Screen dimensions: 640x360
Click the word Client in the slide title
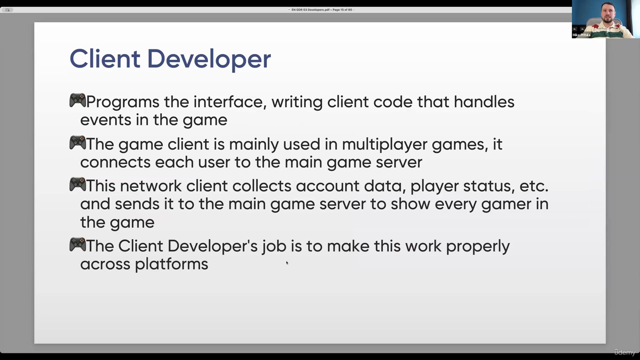[105, 59]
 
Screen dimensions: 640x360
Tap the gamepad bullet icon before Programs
[77, 100]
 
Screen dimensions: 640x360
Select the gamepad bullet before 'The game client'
[77, 143]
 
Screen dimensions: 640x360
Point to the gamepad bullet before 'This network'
[77, 184]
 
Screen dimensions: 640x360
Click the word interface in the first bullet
[230, 102]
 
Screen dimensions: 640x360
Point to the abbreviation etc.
[534, 186]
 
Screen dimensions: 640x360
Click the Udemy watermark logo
[625, 352]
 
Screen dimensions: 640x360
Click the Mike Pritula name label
[581, 35]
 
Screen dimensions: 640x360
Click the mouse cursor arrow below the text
[287, 263]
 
